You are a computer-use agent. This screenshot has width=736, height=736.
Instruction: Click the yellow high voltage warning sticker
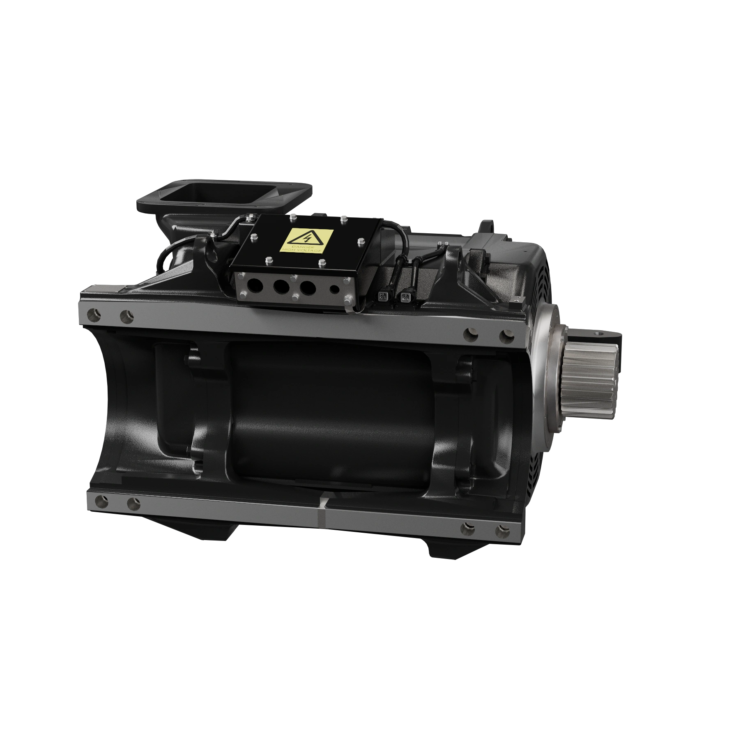click(x=306, y=241)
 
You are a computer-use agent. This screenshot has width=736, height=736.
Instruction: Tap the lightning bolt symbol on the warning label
click(x=306, y=237)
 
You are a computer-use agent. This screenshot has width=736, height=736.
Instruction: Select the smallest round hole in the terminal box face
click(x=335, y=289)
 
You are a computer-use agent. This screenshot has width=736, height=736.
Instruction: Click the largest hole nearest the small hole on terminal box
click(x=308, y=287)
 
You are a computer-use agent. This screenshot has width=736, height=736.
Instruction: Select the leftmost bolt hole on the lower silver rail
click(x=99, y=500)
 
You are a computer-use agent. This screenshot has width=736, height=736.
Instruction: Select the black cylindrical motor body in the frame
click(x=329, y=411)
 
